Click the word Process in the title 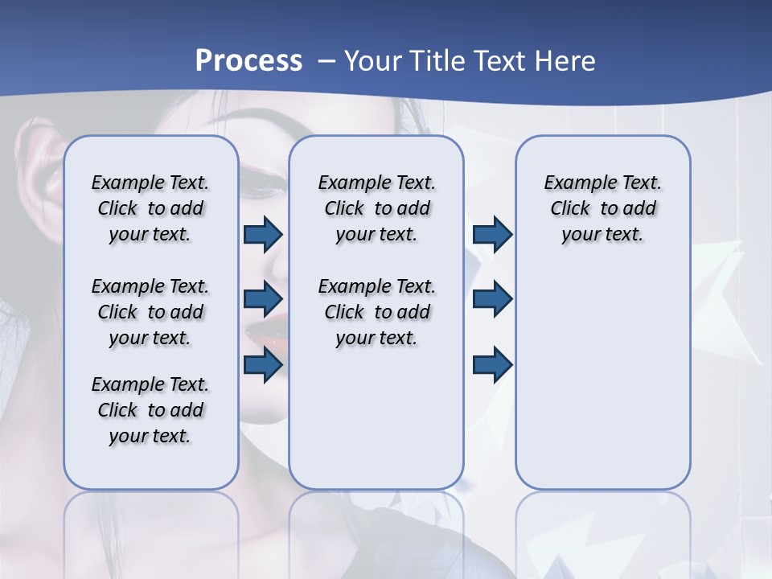(x=248, y=61)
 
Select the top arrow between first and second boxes (x=263, y=234)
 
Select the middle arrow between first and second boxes (x=263, y=299)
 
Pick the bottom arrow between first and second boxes (x=263, y=364)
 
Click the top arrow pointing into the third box (x=492, y=234)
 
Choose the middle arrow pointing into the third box (x=492, y=299)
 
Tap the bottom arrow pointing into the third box (x=492, y=364)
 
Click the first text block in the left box (x=150, y=208)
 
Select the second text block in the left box (x=150, y=312)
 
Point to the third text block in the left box (x=150, y=410)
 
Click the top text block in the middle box (x=376, y=208)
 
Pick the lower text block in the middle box (x=376, y=312)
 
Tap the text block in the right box (x=602, y=208)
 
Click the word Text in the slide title (x=499, y=61)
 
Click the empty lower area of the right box (x=602, y=386)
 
